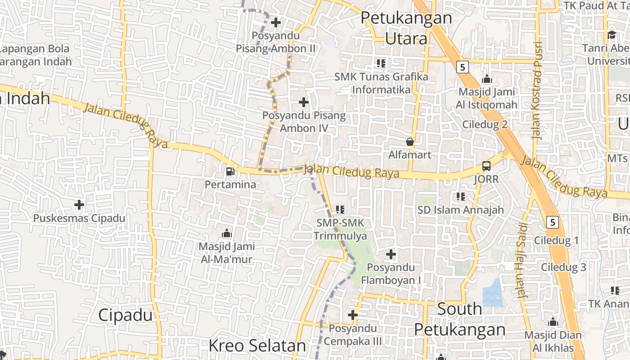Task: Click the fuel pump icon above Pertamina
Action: click(x=230, y=171)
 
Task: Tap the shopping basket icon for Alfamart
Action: click(x=410, y=142)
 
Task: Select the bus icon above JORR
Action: click(x=486, y=166)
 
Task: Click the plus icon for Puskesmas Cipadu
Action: click(x=79, y=205)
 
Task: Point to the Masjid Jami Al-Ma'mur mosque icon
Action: click(x=227, y=233)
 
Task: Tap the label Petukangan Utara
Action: click(x=406, y=28)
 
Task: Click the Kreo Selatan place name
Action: click(x=257, y=346)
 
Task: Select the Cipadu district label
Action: click(x=125, y=315)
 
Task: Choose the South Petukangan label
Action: click(x=459, y=319)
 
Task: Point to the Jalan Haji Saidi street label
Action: click(x=522, y=261)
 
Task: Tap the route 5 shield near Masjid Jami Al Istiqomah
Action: click(x=462, y=67)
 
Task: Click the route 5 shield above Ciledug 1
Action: click(x=553, y=222)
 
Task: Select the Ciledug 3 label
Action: click(x=563, y=267)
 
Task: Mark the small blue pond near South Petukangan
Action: click(x=492, y=293)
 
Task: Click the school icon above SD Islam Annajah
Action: click(x=460, y=196)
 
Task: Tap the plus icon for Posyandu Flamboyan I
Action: click(x=391, y=254)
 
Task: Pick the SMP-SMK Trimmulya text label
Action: click(x=340, y=229)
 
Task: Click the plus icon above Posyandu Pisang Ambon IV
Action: click(x=304, y=102)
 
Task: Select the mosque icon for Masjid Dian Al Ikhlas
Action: click(x=553, y=322)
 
